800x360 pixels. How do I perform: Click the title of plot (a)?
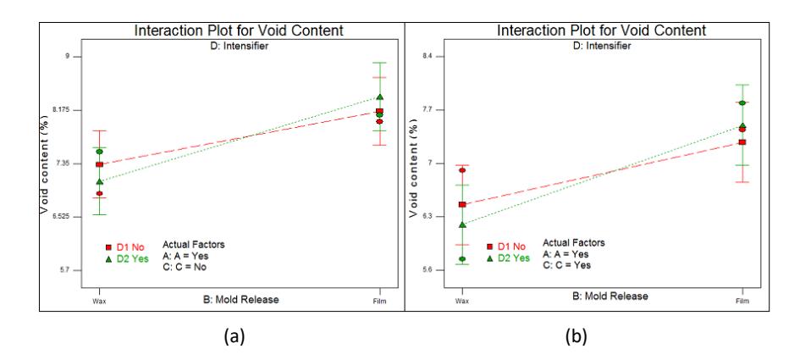(239, 30)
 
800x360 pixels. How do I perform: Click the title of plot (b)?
(602, 30)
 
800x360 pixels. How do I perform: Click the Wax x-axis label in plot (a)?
(100, 301)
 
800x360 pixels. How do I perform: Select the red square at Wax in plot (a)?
(100, 164)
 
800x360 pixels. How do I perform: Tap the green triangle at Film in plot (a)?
(379, 97)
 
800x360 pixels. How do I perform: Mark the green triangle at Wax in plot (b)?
(462, 224)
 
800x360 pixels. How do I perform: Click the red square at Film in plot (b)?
(742, 142)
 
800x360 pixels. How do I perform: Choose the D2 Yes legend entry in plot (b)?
(508, 258)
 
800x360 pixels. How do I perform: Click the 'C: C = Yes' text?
(567, 265)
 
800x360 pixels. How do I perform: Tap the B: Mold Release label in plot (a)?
(240, 300)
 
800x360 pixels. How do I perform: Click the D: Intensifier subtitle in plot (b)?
(602, 46)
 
